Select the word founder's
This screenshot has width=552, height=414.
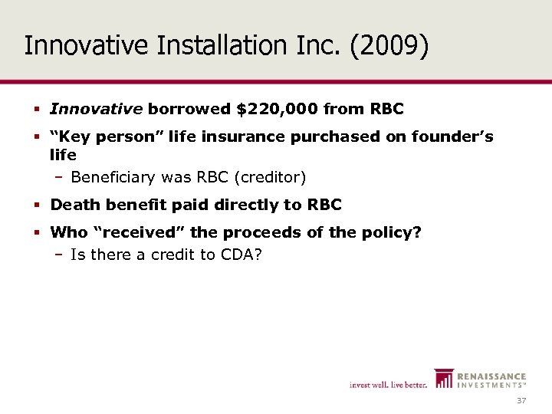[x=450, y=138]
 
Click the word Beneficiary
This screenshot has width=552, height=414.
[x=113, y=178]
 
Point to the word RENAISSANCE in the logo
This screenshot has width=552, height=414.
[x=491, y=376]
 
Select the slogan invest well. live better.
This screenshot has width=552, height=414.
[x=388, y=384]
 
